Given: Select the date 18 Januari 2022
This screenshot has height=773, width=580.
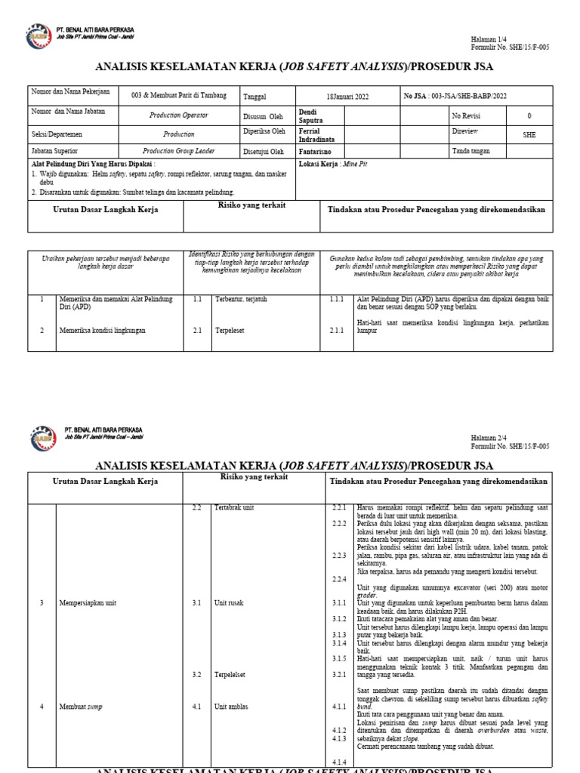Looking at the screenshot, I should pos(347,97).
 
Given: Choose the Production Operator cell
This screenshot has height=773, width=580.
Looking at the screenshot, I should pos(179,115).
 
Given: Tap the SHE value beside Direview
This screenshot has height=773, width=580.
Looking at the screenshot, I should pos(529,134).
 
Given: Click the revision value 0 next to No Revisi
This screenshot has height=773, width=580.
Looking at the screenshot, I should pos(529,115).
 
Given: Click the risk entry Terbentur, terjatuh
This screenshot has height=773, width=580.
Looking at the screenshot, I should pos(241,299).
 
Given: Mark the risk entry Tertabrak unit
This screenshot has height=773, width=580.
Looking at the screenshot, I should pos(235,507).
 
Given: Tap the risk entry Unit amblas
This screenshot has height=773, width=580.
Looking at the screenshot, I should pos(231,707).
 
